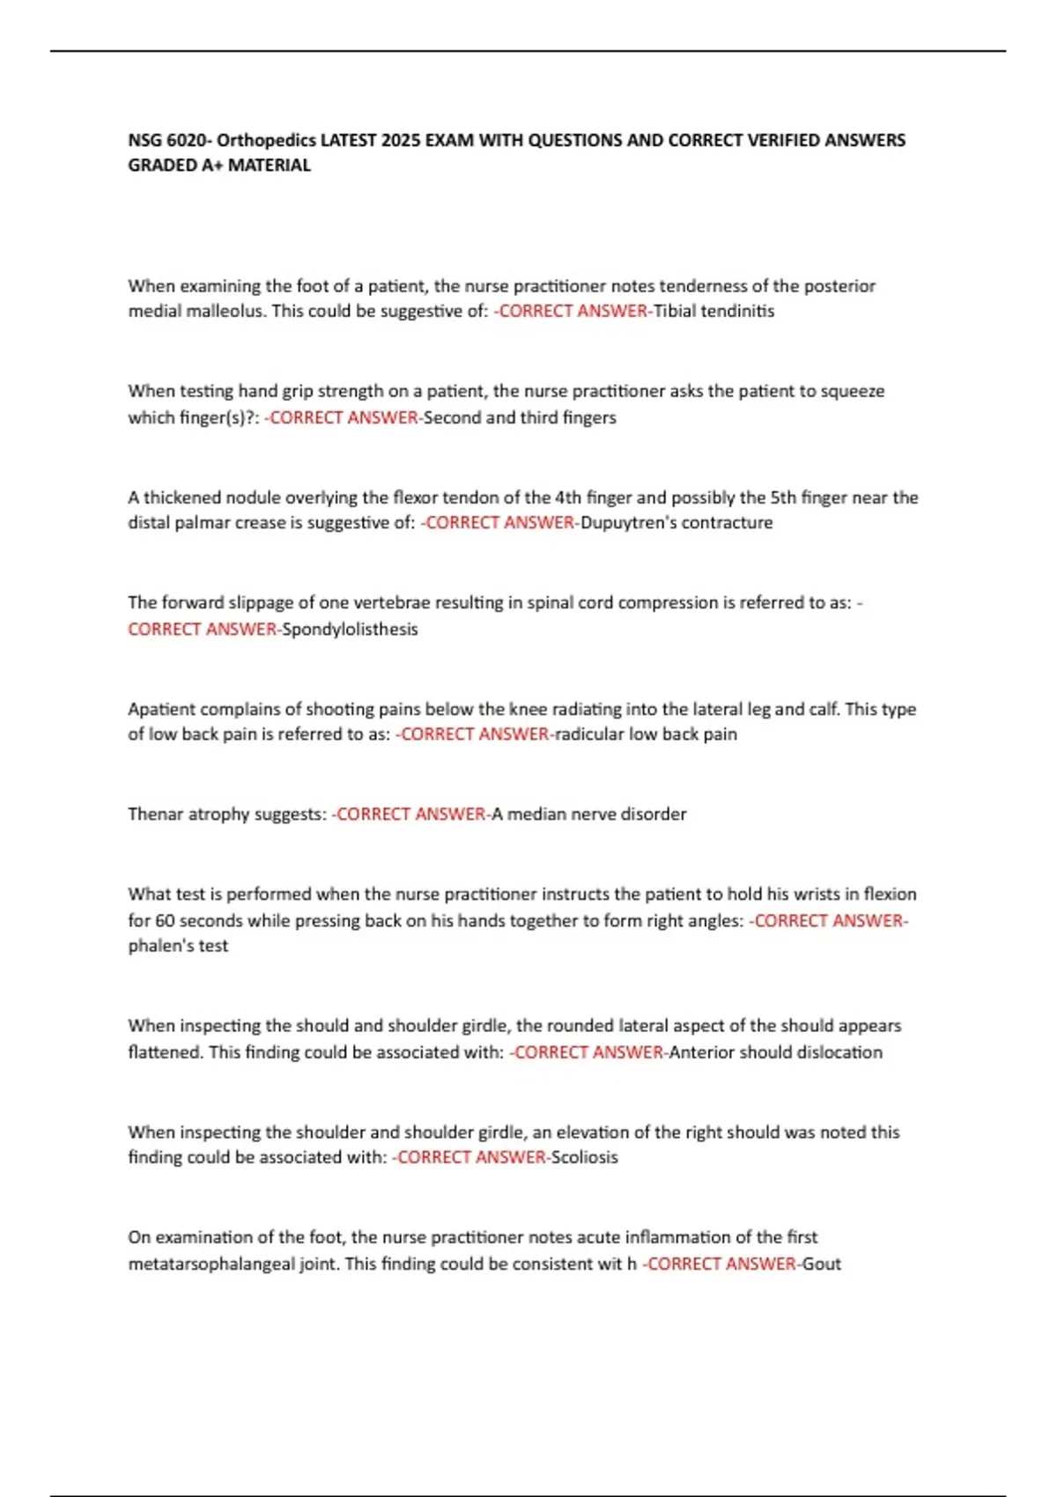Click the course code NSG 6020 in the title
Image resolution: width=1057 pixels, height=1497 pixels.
click(168, 140)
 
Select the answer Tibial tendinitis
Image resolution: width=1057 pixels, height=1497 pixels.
click(713, 311)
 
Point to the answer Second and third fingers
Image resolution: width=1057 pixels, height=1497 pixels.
click(520, 417)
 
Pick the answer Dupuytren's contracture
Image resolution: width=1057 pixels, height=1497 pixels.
click(676, 522)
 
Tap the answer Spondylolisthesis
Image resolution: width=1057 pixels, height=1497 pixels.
click(350, 629)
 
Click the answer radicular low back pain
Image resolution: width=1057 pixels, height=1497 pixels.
click(646, 734)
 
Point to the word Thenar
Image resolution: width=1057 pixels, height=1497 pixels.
click(155, 814)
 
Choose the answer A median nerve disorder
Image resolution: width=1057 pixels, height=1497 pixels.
click(588, 814)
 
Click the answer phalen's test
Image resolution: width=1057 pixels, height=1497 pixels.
click(178, 946)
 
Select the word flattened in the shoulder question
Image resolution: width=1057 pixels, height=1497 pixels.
click(166, 1052)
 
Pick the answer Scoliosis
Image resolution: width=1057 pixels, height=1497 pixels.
click(584, 1157)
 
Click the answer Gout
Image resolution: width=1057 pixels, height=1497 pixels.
click(821, 1264)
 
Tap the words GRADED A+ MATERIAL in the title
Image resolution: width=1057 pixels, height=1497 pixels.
click(219, 166)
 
